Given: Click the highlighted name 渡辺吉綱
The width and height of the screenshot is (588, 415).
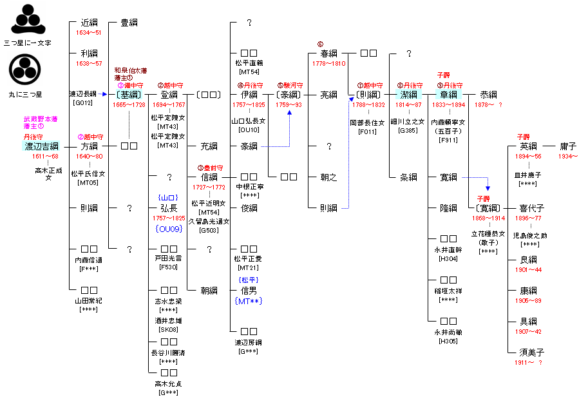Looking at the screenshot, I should pyautogui.click(x=41, y=146).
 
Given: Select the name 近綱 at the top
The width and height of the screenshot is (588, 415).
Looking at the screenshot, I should pyautogui.click(x=89, y=23).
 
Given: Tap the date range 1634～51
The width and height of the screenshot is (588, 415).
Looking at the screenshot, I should pyautogui.click(x=89, y=33).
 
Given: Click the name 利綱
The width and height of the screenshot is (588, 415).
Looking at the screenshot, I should pyautogui.click(x=89, y=53).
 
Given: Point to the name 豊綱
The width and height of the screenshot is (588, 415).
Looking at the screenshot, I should pyautogui.click(x=129, y=23).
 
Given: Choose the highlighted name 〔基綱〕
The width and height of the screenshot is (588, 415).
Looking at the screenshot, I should pyautogui.click(x=129, y=95).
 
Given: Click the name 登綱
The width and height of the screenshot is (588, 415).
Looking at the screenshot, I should pyautogui.click(x=169, y=95).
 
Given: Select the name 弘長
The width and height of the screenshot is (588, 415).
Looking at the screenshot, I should pyautogui.click(x=169, y=208).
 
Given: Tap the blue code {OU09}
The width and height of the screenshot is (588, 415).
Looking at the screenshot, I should pyautogui.click(x=169, y=229).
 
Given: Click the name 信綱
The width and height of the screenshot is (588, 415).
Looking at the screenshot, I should pyautogui.click(x=209, y=177).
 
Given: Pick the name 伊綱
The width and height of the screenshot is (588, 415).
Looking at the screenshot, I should pyautogui.click(x=249, y=95).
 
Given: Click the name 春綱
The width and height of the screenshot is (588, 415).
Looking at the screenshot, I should pyautogui.click(x=328, y=53).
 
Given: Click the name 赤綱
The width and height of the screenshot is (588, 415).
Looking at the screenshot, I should pyautogui.click(x=488, y=95).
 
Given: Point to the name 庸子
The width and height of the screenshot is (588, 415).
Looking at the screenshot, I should pyautogui.click(x=567, y=146).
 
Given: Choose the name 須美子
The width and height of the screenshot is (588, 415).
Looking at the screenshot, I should pyautogui.click(x=532, y=352).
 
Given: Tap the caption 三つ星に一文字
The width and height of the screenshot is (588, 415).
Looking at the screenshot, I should pyautogui.click(x=28, y=43).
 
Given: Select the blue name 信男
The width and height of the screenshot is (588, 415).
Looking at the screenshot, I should pyautogui.click(x=249, y=291).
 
